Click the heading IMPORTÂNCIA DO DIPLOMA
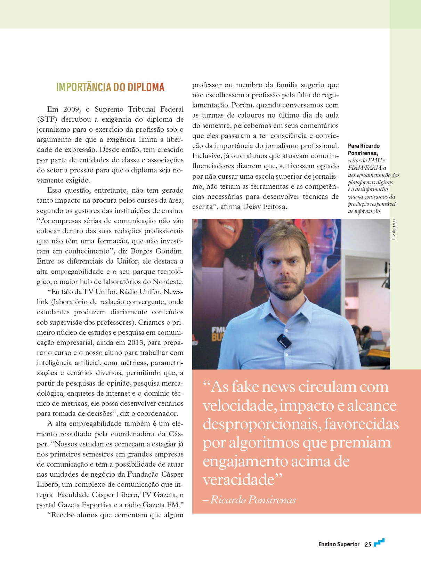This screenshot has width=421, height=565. pos(110,87)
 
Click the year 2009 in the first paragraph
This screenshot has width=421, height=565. pos(71,109)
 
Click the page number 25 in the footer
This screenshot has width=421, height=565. pos(368,544)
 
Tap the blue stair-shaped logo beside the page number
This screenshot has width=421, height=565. pos(379,542)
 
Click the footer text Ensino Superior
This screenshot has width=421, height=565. pos(339,544)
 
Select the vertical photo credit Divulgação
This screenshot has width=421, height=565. pos(394,229)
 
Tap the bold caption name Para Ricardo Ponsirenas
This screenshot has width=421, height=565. pos(364,150)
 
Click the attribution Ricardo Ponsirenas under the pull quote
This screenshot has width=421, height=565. pos(253,500)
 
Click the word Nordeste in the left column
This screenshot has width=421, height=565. pos(168,282)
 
